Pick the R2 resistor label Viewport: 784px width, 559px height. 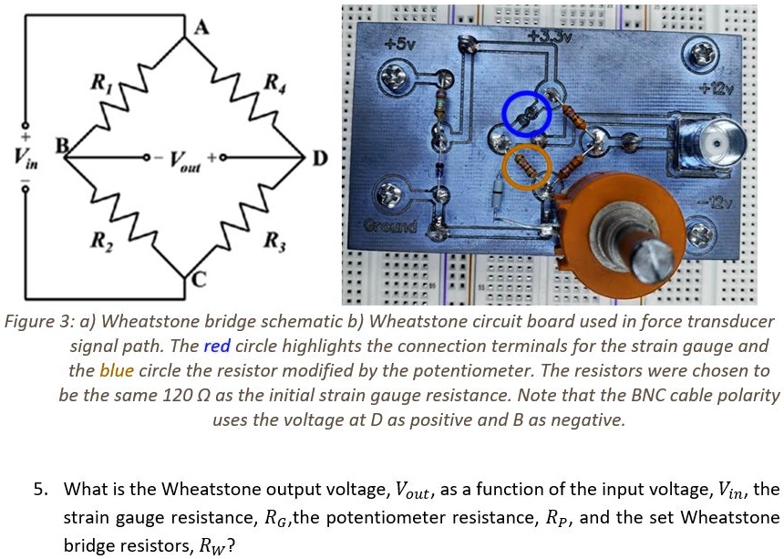click(97, 242)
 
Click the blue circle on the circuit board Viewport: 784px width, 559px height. click(526, 114)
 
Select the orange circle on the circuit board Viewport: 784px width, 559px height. click(527, 167)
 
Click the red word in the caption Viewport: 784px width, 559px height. click(216, 347)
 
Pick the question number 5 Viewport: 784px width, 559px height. click(39, 490)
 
